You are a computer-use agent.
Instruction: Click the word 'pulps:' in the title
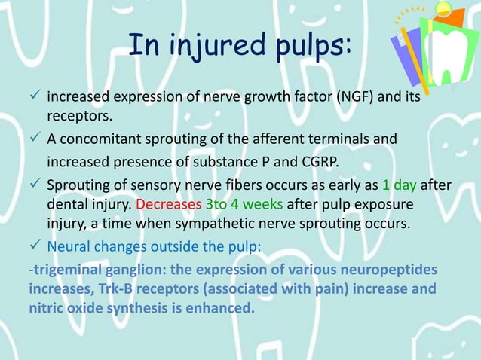coord(311,47)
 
